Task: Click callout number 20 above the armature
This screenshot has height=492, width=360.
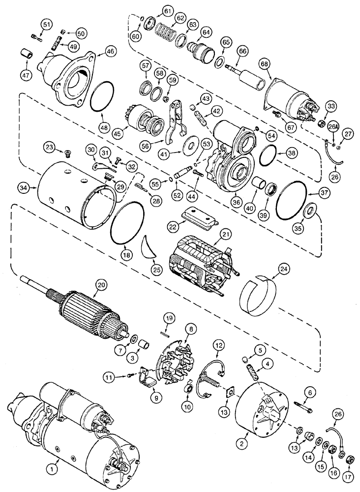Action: click(x=101, y=284)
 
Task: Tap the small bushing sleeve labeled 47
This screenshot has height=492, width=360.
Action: click(x=27, y=54)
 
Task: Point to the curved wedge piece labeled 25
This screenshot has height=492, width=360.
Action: click(x=148, y=247)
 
